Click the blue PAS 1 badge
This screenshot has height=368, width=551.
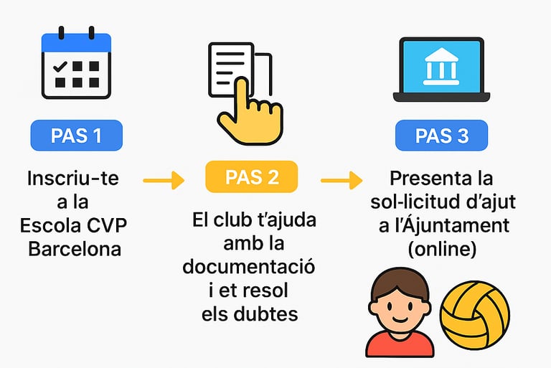(76, 135)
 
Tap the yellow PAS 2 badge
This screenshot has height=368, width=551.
(252, 176)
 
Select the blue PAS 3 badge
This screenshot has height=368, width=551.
(441, 135)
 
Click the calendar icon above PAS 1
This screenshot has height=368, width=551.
(75, 65)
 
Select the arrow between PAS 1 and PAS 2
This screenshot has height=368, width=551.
(163, 180)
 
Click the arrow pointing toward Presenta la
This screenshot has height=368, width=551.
(341, 180)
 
